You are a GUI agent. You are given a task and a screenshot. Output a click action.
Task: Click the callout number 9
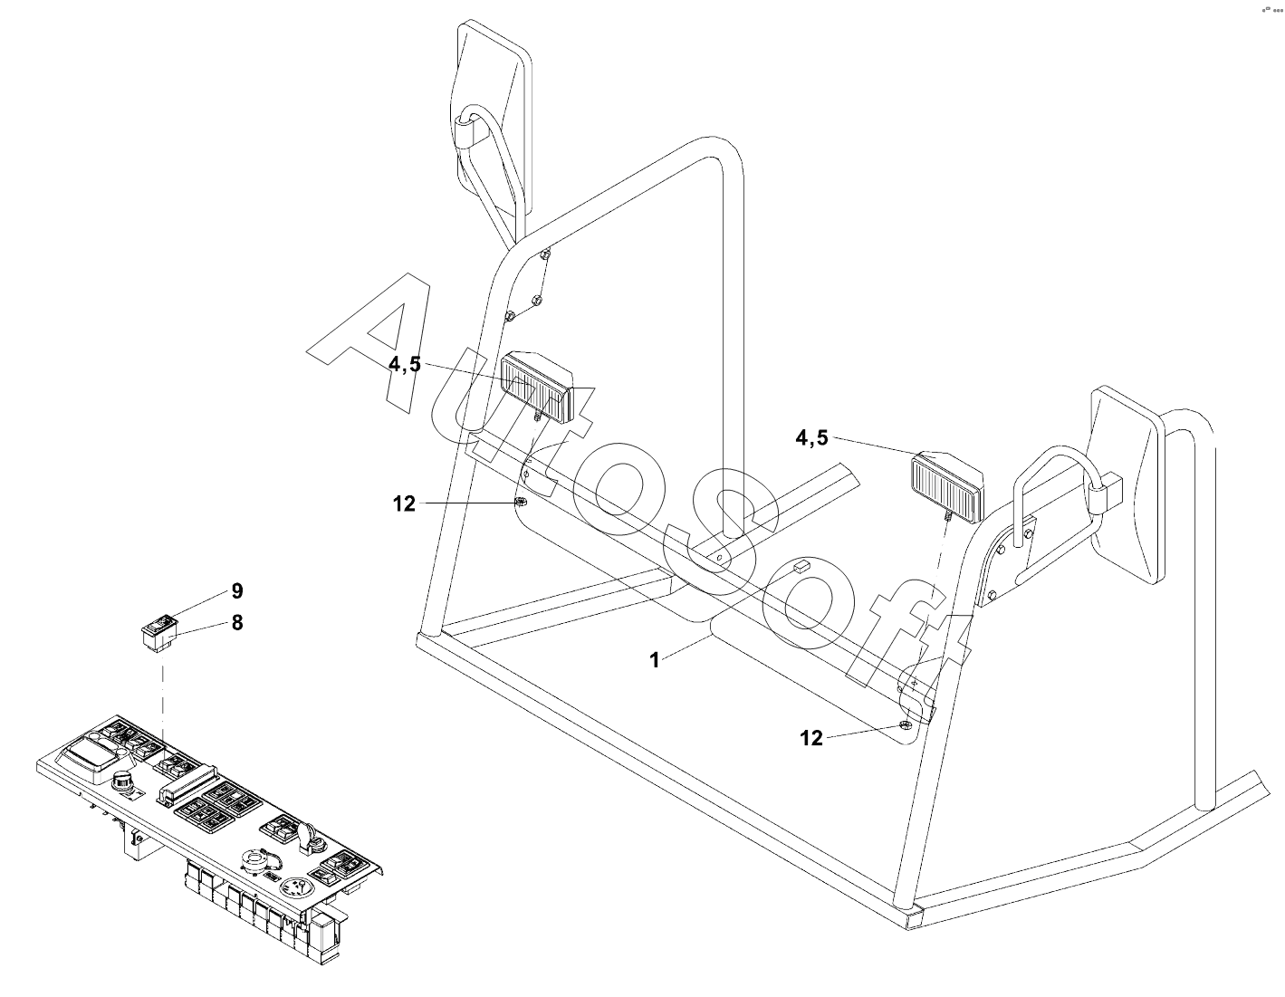[237, 591]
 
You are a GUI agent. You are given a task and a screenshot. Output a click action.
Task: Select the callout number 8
[237, 623]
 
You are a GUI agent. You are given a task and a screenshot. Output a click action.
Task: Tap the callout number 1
[655, 660]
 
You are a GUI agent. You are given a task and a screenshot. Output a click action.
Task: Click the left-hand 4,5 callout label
[405, 364]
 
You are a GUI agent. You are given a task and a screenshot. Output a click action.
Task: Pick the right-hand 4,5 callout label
[811, 438]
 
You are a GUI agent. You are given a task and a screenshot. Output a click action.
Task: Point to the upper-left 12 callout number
[404, 503]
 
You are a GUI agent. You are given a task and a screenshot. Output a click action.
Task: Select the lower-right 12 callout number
[811, 738]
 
